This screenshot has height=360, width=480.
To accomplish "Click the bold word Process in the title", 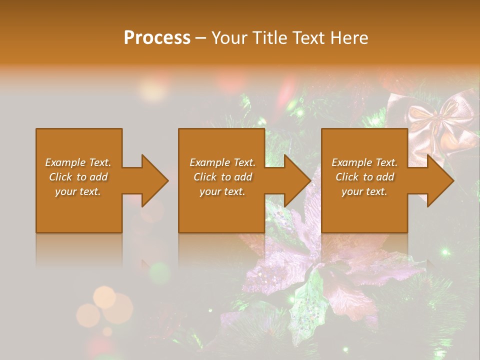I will pyautogui.click(x=157, y=38).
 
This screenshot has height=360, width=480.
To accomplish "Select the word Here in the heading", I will pyautogui.click(x=350, y=38).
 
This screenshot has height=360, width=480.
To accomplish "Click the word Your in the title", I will pyautogui.click(x=228, y=38).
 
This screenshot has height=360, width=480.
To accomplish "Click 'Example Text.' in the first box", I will pyautogui.click(x=78, y=162).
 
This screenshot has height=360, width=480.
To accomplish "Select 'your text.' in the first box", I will pyautogui.click(x=78, y=191).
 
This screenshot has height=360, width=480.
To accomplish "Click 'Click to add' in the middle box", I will pyautogui.click(x=222, y=177).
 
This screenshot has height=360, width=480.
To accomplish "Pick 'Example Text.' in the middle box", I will pyautogui.click(x=222, y=162).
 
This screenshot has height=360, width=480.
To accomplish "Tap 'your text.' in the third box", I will pyautogui.click(x=364, y=191).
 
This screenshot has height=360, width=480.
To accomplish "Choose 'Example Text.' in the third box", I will pyautogui.click(x=364, y=162).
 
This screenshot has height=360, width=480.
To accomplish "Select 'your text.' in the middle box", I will pyautogui.click(x=222, y=191).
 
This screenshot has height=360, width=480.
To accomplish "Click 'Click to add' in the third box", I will pyautogui.click(x=364, y=177).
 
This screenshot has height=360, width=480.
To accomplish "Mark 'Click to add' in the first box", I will pyautogui.click(x=78, y=177).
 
